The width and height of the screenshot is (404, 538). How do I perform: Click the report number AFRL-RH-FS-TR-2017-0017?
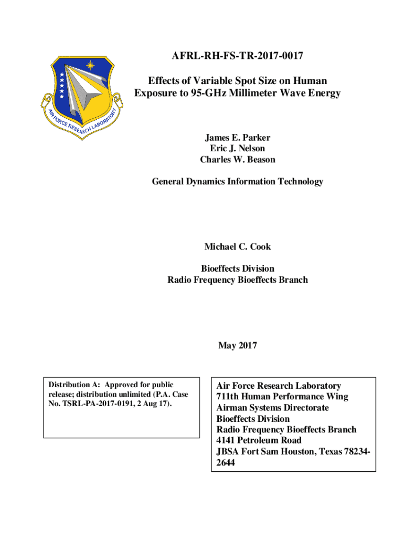point(237,55)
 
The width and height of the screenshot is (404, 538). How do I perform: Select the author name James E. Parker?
point(237,138)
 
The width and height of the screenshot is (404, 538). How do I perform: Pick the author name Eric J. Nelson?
point(237,149)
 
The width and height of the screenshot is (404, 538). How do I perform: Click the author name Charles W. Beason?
point(237,160)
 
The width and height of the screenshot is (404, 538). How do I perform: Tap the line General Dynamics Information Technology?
point(237,182)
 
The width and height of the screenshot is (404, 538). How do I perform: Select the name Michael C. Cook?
point(237,246)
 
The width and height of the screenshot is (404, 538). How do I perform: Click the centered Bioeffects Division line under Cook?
point(237,268)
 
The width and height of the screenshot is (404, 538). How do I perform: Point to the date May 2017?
point(237,346)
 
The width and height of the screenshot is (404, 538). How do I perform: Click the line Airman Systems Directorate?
point(272,408)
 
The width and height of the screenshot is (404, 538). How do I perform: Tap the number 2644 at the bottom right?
point(226,463)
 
